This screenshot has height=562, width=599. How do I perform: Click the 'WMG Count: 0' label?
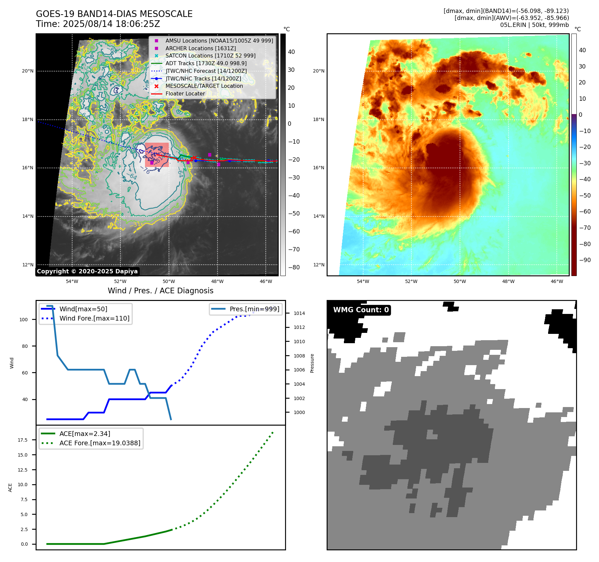coord(361,310)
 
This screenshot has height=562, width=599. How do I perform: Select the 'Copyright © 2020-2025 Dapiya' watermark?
coord(87,271)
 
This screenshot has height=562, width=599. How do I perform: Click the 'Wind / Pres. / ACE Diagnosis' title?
coord(160,291)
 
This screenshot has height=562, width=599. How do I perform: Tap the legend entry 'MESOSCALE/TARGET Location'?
coord(204,86)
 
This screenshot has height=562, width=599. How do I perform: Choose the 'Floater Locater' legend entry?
coord(185,94)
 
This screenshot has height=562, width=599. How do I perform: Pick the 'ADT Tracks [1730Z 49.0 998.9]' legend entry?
coord(206,63)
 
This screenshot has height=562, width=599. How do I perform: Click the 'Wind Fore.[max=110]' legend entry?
coord(94,318)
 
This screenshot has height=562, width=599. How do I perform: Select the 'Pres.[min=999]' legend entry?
coord(254,309)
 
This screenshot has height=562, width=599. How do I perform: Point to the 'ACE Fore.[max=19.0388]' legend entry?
coord(100,443)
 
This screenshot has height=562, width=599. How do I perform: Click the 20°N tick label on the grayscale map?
coord(28,71)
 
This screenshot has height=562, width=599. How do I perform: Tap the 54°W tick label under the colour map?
coord(363,281)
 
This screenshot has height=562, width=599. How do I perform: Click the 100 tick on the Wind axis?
coord(24,320)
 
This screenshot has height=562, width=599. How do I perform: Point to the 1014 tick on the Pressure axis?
coord(299,313)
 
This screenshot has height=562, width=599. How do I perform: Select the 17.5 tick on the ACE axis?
coord(23,440)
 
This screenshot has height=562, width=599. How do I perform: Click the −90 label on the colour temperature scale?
coord(585,260)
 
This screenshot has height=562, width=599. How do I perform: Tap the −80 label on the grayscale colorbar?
coord(294,267)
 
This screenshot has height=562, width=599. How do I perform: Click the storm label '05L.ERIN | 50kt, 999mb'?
coord(534,25)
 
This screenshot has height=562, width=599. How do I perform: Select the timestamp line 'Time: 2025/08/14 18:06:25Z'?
coord(98,24)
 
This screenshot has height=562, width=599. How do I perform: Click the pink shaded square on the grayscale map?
coord(157,155)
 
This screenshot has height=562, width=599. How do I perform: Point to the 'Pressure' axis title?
coord(312,363)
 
